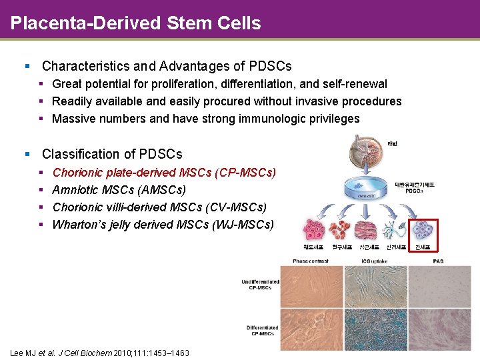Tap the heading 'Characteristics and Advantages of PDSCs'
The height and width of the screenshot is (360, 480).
click(x=167, y=66)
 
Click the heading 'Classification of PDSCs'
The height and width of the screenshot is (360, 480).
click(x=112, y=154)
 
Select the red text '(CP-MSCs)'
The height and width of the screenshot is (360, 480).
click(x=245, y=173)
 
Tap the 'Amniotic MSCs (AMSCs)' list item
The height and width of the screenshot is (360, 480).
click(x=119, y=190)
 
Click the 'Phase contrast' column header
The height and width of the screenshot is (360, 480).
click(x=310, y=261)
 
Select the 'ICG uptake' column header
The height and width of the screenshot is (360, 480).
click(x=375, y=261)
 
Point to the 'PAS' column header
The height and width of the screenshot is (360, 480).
click(x=438, y=261)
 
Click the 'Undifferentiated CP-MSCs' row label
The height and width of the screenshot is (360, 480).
click(x=261, y=285)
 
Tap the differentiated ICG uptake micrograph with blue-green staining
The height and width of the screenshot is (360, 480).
click(x=375, y=329)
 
